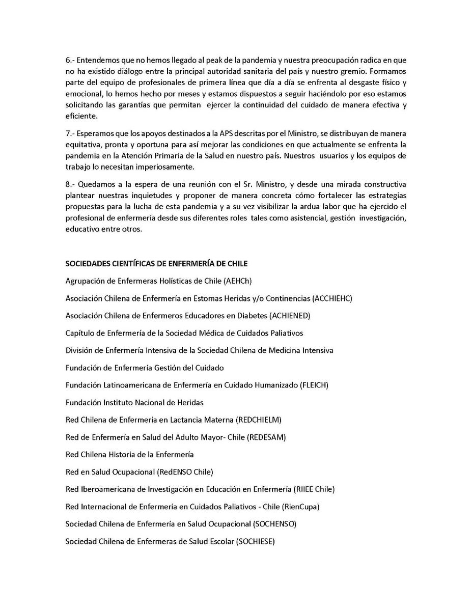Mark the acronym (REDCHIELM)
(x=259, y=420)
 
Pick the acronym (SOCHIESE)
(x=255, y=541)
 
